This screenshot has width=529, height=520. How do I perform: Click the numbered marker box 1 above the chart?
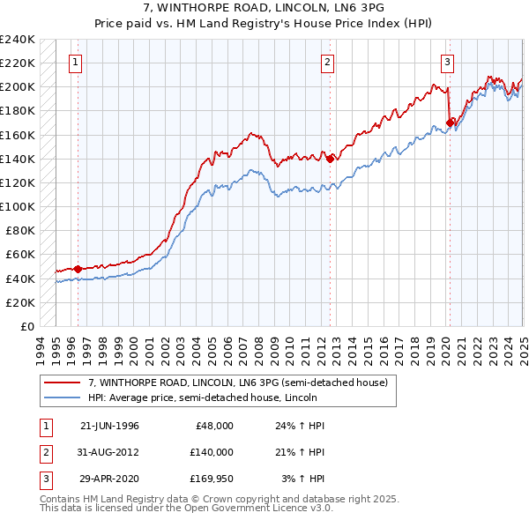point(76,63)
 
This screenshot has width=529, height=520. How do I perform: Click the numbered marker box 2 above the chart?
point(328,63)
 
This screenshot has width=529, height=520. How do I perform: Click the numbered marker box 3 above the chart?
point(447,63)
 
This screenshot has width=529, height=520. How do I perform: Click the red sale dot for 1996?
point(78,269)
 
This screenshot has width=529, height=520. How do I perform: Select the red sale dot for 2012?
point(330,159)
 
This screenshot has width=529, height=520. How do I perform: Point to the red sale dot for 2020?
point(450,123)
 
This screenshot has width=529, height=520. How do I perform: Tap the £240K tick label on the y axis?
point(18,40)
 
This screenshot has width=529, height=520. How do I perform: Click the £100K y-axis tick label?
point(18,206)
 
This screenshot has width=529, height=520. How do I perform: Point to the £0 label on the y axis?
point(26,326)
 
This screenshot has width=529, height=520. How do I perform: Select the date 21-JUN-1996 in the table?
point(109,426)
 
